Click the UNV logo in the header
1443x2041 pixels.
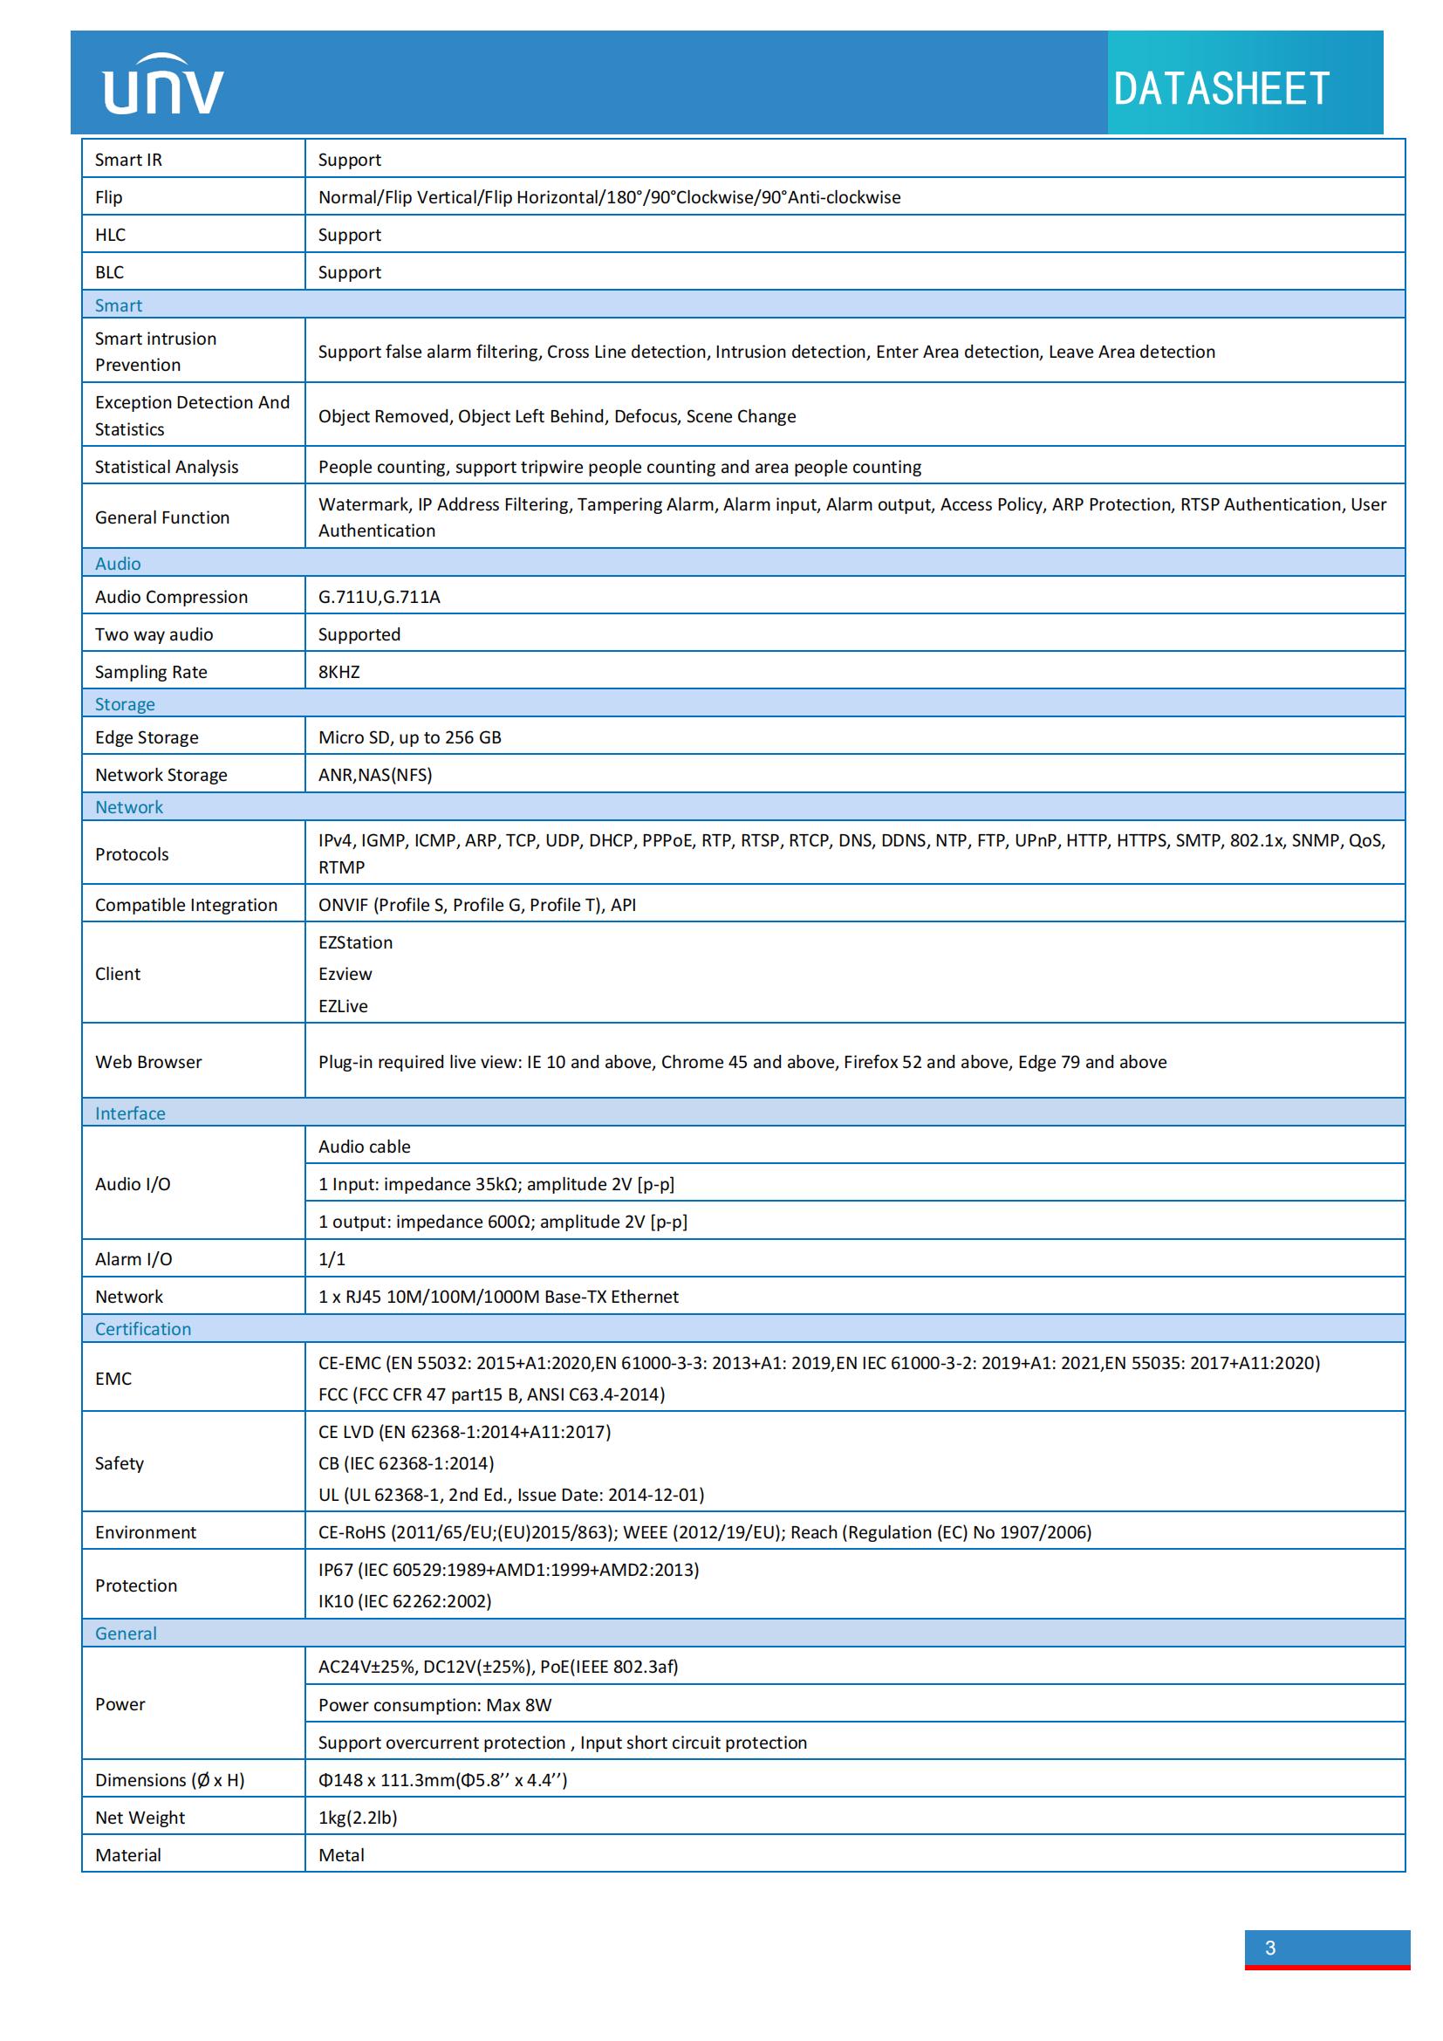[x=163, y=86]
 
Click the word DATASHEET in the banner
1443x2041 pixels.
[x=1221, y=89]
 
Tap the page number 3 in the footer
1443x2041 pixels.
[x=1269, y=1948]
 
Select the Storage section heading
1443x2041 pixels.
[x=125, y=704]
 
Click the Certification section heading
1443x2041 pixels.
[x=143, y=1328]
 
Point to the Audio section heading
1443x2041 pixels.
[x=118, y=564]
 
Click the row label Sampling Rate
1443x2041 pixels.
[x=151, y=672]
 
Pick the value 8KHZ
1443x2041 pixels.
[x=339, y=672]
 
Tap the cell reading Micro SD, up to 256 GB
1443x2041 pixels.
[x=410, y=737]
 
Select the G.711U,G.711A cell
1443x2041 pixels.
[x=380, y=597]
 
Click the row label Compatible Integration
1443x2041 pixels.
[x=187, y=905]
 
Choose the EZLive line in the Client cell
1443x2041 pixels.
[x=343, y=1005]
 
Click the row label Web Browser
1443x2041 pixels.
[x=148, y=1061]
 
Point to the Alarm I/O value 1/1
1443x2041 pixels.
[x=332, y=1259]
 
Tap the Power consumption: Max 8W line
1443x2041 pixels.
[x=434, y=1704]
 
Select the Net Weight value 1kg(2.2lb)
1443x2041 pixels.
[x=357, y=1817]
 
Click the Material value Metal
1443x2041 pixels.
[x=341, y=1854]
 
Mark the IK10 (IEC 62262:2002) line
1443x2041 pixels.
[x=404, y=1601]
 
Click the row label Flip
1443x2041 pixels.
[x=108, y=197]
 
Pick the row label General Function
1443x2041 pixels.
[x=161, y=517]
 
